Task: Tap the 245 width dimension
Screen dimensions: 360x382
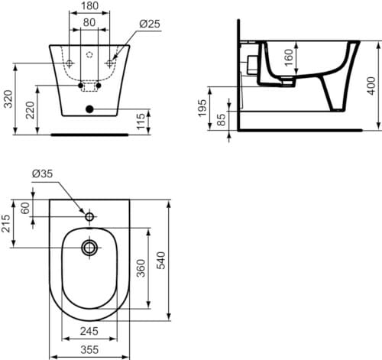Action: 90,332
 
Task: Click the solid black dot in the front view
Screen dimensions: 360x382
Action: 89,110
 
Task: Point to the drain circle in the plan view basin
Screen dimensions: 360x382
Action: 89,247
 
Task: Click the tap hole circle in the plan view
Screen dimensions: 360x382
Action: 89,218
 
